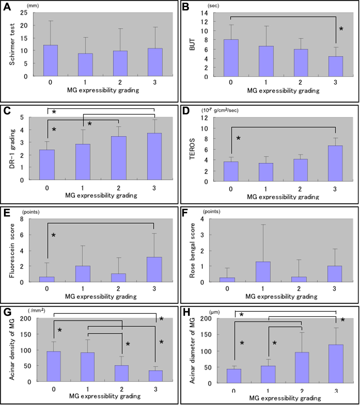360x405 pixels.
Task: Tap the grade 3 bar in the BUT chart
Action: click(x=334, y=67)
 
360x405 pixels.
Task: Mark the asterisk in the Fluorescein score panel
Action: click(x=54, y=236)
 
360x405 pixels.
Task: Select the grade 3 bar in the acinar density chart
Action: click(x=155, y=376)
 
